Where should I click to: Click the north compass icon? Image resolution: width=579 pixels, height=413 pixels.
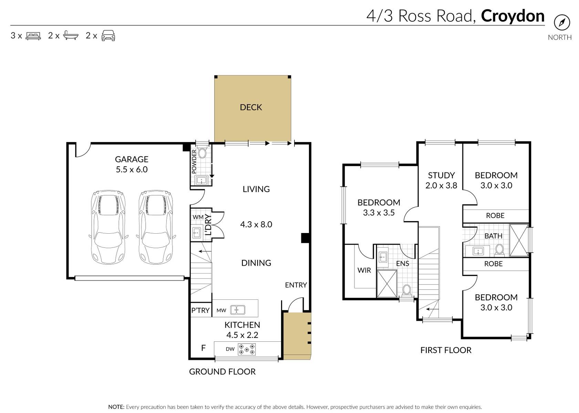coord(562,23)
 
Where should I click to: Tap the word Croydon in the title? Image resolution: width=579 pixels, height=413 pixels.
coord(513,16)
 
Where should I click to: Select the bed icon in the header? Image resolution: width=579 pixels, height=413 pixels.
coord(33,35)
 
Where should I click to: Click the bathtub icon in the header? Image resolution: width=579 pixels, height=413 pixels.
coord(71,35)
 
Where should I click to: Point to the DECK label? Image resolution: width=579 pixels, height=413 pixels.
coord(251,107)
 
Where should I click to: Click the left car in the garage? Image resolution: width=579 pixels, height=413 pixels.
coord(108,227)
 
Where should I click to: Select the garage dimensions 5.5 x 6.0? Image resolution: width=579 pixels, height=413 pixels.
coord(132,169)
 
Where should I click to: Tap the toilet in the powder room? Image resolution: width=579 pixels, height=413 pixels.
coord(202,153)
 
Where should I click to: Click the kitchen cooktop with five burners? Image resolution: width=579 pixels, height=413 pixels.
coord(247,349)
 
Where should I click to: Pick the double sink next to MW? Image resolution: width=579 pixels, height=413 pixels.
coord(238,310)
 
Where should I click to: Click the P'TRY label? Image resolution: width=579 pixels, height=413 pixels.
coord(200,310)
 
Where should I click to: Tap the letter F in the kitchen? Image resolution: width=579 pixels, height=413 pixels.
coord(203,348)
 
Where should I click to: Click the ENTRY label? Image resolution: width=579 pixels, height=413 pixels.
coord(296,285)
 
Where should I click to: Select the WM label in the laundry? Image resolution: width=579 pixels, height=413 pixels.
coord(198,217)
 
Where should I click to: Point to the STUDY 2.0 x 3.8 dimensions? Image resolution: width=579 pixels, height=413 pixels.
coord(441,186)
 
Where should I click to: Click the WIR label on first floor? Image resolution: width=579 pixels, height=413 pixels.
coord(364,270)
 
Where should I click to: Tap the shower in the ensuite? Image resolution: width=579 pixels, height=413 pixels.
coord(387,284)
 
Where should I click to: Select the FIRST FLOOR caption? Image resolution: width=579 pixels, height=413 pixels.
coord(446,350)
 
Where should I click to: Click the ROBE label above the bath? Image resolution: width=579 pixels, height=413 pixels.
coord(495,215)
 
